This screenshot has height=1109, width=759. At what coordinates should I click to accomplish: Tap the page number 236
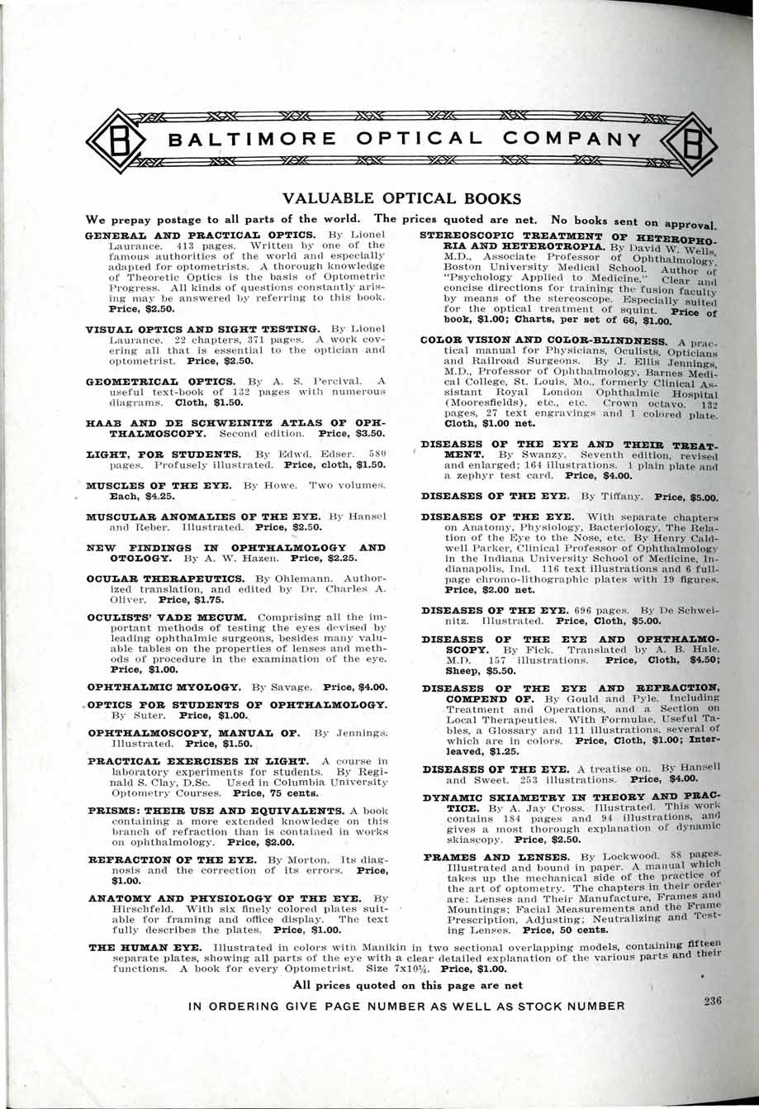[x=713, y=1001]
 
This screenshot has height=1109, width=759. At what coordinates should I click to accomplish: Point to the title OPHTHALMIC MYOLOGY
[x=164, y=687]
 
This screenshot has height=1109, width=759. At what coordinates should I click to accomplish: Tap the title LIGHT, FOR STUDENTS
[x=163, y=455]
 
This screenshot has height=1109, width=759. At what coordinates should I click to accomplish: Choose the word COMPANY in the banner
[x=575, y=139]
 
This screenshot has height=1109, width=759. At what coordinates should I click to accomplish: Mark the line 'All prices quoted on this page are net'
[x=407, y=984]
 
